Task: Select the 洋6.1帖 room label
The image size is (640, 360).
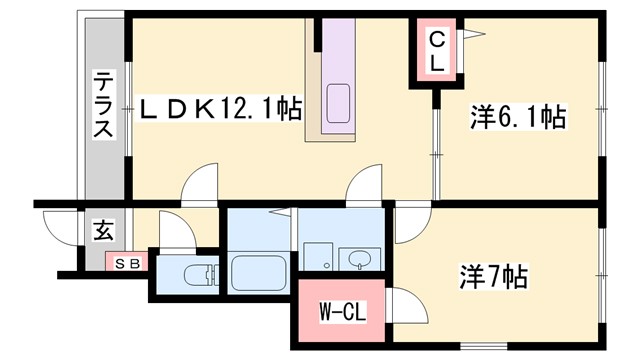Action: (x=518, y=119)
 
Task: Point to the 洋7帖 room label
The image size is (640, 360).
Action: (x=493, y=275)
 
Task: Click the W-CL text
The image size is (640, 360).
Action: (x=342, y=314)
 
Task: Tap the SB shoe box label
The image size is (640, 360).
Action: (x=126, y=263)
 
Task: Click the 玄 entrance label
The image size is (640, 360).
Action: (x=103, y=231)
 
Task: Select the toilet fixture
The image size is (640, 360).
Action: (x=199, y=273)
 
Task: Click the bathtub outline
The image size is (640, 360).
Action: (x=260, y=271)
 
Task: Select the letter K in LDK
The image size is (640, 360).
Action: (x=205, y=107)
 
